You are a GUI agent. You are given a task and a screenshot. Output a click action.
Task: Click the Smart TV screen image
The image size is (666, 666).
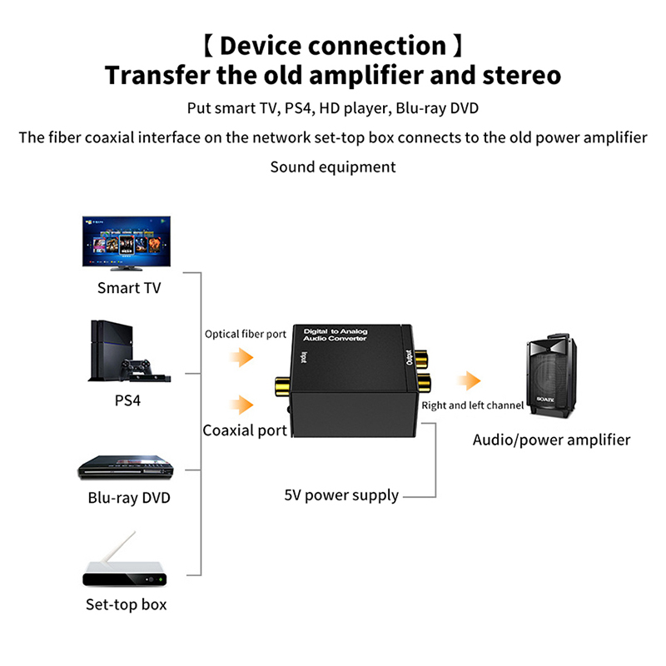pyautogui.click(x=129, y=244)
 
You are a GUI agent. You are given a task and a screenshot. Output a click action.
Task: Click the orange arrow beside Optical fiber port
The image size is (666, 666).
pyautogui.click(x=242, y=358)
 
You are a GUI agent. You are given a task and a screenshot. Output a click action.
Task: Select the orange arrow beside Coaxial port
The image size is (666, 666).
pyautogui.click(x=242, y=405)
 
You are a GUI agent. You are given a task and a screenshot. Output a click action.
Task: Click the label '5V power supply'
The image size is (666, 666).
pyautogui.click(x=341, y=495)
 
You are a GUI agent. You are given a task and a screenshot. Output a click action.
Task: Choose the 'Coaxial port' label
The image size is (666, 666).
pyautogui.click(x=245, y=430)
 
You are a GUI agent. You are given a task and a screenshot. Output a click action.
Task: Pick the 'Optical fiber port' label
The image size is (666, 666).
pyautogui.click(x=246, y=335)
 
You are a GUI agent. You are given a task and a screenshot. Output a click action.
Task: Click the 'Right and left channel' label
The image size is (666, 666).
pyautogui.click(x=472, y=405)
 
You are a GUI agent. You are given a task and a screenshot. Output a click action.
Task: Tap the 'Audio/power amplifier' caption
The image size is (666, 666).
pyautogui.click(x=551, y=440)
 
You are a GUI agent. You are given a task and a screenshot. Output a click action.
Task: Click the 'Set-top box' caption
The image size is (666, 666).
pyautogui.click(x=127, y=604)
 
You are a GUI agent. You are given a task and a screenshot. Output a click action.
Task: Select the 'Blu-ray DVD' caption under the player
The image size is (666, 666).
pyautogui.click(x=129, y=499)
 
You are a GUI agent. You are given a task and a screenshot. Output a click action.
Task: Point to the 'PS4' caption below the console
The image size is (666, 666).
pyautogui.click(x=127, y=400)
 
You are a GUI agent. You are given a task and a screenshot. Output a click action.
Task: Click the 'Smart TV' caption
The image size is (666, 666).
pyautogui.click(x=129, y=288)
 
